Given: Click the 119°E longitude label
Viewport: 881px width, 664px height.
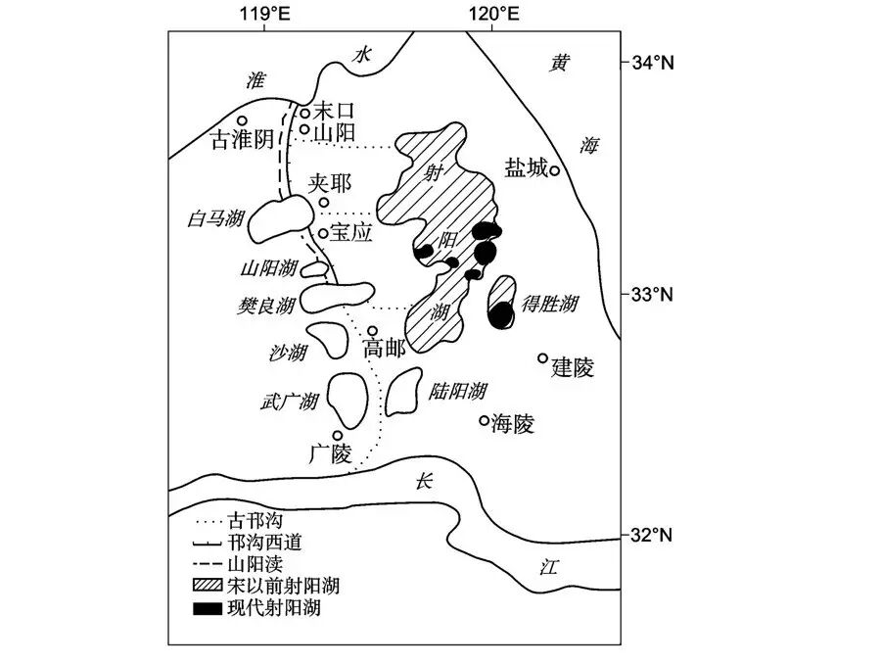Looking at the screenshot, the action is pos(264,13).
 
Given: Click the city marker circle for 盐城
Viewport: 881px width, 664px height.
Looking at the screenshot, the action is pos(554,170).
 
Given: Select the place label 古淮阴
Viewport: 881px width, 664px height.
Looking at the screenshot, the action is pos(244,140).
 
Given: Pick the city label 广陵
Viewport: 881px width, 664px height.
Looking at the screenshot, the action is pos(330,454).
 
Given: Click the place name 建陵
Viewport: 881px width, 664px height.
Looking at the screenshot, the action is pos(573,367).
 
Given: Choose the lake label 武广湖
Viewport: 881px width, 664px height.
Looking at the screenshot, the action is pos(290,400).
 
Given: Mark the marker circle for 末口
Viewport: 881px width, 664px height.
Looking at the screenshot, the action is pos(304,114).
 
